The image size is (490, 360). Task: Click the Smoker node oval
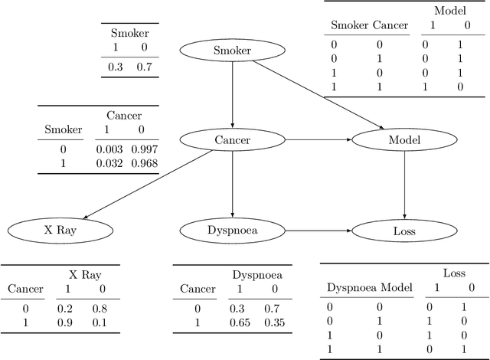tap(232, 51)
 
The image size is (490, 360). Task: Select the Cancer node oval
tap(232, 139)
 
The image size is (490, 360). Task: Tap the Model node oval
tap(403, 139)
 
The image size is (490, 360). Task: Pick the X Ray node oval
tap(60, 229)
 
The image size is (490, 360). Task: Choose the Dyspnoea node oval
tap(232, 229)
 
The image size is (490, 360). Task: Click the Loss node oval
tap(403, 229)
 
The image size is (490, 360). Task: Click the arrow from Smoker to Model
tap(318, 95)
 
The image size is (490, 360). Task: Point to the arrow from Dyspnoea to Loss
tap(318, 229)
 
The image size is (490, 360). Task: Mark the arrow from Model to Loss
tap(403, 184)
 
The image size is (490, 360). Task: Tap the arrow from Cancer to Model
tap(318, 139)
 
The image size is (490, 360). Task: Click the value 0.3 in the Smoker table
tap(115, 67)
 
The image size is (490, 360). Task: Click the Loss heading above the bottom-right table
tap(453, 273)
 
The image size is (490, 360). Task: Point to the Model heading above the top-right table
tap(449, 11)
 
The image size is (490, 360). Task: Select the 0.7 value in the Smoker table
tap(145, 67)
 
